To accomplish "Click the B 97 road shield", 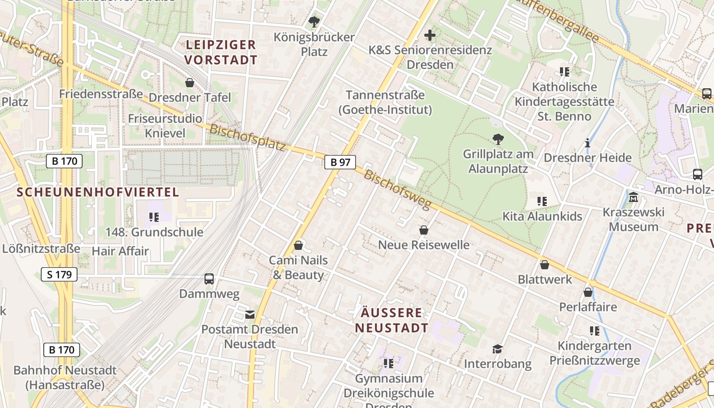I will point(340,162).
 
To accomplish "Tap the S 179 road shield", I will point(59,274).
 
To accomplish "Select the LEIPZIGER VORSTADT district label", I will point(221,52).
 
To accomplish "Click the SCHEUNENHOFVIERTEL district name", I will point(98,192).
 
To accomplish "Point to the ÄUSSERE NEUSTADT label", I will point(392,320).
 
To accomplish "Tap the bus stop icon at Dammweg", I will point(209,279).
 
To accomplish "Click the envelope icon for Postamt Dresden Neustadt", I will point(250,315).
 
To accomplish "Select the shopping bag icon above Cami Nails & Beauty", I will point(298,246).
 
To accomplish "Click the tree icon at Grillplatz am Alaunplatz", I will point(498,139).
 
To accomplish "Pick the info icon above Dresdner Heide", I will point(588,143).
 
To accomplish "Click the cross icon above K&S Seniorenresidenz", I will point(430,35).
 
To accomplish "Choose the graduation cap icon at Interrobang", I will point(497,349).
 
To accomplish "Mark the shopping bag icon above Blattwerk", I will point(545,265).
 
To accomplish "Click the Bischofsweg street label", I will point(397,189).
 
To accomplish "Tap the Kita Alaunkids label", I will point(542,216).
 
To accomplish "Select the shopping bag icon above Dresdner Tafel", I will point(190,83).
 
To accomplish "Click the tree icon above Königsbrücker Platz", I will point(314,22).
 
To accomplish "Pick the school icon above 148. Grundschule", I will point(154,217).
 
